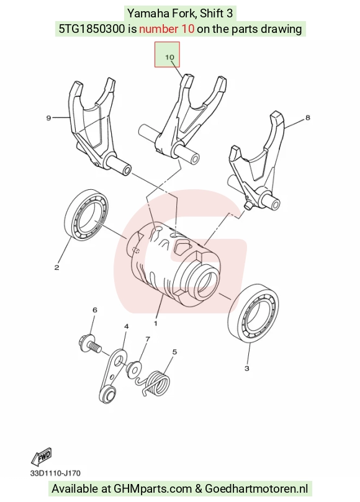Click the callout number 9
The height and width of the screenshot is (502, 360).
48,118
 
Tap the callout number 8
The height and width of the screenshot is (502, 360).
308,117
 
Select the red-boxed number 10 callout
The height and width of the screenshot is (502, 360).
169,57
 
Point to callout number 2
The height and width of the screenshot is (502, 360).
56,267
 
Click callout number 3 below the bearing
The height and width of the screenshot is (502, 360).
246,368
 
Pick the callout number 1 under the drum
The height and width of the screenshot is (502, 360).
156,323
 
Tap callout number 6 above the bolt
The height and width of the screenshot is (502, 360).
94,310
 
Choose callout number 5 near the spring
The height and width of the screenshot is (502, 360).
174,352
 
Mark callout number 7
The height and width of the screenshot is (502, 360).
148,339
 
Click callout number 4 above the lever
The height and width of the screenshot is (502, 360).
127,326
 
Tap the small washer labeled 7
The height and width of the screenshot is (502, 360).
133,369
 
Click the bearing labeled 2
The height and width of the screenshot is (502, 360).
86,215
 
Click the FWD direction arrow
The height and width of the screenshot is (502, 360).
42,457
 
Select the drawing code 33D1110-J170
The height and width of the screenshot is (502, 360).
55,473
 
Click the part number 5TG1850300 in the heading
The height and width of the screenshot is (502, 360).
92,29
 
